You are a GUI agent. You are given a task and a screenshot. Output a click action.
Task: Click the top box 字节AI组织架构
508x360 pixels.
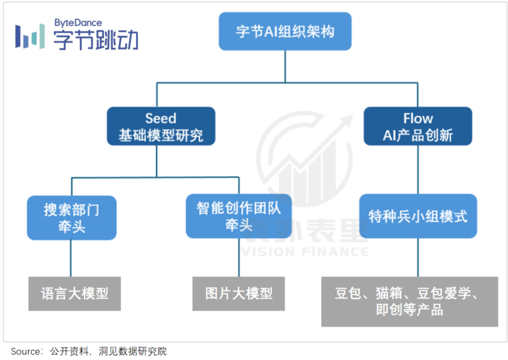tap(285, 31)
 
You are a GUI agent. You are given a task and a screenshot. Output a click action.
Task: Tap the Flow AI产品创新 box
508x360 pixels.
tap(418, 127)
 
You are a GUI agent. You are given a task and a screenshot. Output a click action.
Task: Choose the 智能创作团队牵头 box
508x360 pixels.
tap(238, 217)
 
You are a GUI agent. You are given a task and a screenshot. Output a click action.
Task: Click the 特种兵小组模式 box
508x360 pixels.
tap(418, 217)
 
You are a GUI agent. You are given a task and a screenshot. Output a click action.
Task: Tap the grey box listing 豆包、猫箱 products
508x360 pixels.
tap(409, 301)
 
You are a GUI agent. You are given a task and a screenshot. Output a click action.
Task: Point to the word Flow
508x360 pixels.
tap(418, 119)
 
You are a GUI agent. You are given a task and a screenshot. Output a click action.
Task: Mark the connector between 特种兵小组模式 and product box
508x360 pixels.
tap(418, 257)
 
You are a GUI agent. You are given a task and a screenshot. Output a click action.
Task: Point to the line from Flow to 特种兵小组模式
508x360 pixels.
tap(418, 170)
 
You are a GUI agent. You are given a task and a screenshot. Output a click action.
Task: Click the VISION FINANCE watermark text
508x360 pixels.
tap(303, 252)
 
